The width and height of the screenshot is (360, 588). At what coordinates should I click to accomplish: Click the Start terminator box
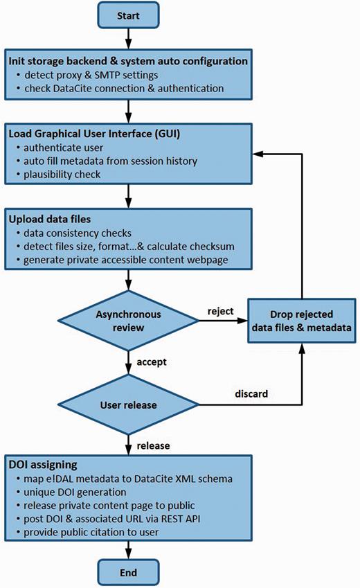click(x=129, y=15)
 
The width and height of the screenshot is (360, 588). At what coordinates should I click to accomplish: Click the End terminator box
click(x=129, y=572)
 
